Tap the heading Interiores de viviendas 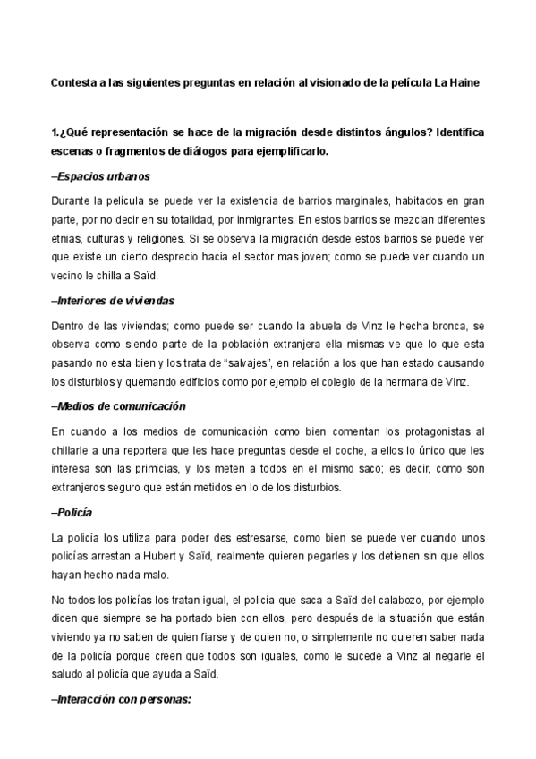tap(114, 302)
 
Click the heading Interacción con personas tap(123, 700)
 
